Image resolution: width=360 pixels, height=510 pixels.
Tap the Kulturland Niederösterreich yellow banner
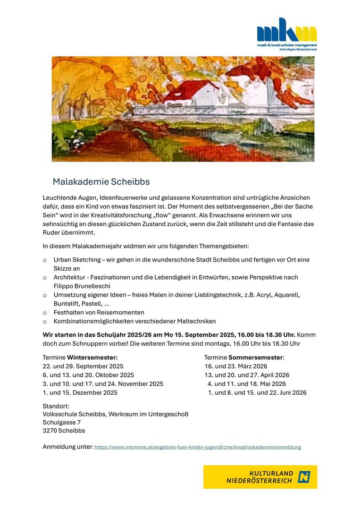(260, 476)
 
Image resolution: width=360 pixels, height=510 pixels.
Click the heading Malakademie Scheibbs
(101, 182)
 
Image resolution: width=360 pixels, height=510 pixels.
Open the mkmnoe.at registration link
(198, 447)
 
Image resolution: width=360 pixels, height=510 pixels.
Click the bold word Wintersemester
(92, 357)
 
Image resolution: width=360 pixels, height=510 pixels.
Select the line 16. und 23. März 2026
(236, 366)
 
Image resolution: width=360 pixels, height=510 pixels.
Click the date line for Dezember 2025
(80, 392)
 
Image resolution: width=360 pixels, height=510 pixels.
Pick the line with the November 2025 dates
(103, 384)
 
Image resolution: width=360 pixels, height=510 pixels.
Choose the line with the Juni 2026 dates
(257, 392)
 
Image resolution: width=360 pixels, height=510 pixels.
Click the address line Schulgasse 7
(62, 422)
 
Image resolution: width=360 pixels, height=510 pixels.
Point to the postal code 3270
(50, 431)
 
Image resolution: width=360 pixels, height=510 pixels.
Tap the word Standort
(56, 406)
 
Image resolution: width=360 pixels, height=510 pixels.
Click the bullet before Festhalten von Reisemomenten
(45, 313)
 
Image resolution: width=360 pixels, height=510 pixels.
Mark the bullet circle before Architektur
(45, 278)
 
